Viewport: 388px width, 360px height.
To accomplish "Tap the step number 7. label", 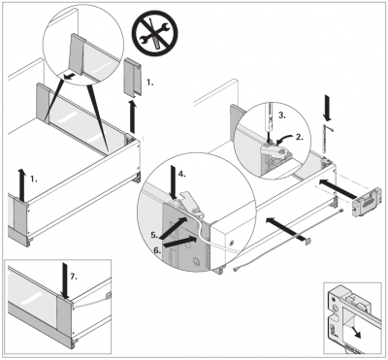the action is (74, 277).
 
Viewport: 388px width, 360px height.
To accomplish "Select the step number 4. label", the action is (182, 174).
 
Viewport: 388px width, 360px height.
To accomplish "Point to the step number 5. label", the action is (155, 235).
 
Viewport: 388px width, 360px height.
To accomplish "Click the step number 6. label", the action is (157, 250).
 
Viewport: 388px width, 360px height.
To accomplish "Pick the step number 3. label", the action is (282, 115).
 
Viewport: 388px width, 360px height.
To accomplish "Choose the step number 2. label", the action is (300, 137).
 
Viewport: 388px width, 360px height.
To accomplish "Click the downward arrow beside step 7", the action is (65, 280).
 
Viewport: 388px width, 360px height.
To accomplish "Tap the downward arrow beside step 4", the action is (174, 181).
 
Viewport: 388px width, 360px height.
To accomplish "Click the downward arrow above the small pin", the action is (328, 107).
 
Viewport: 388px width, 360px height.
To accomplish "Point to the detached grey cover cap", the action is (133, 77).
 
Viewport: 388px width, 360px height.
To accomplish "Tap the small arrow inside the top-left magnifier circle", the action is (71, 77).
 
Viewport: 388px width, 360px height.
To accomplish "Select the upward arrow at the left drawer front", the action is (21, 184).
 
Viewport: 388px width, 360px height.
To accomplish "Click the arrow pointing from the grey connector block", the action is (337, 188).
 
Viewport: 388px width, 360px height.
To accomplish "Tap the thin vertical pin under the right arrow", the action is (324, 139).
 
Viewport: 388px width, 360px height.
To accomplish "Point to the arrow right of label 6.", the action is (180, 243).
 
